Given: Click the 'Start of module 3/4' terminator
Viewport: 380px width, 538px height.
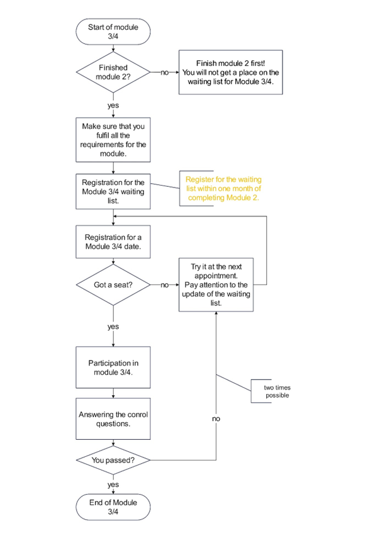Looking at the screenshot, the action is [113, 31].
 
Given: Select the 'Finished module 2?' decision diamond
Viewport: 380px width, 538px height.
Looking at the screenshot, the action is [113, 72].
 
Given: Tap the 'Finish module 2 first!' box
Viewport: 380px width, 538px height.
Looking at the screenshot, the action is [231, 72].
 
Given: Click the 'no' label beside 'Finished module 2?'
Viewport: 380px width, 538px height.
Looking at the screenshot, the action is [165, 72].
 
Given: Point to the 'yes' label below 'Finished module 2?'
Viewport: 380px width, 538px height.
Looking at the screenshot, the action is [113, 105].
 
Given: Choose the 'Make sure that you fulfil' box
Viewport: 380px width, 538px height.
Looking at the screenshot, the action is [113, 140].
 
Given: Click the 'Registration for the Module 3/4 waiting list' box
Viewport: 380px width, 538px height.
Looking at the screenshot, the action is [113, 191].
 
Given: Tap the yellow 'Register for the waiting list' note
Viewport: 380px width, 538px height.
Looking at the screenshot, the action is [223, 188].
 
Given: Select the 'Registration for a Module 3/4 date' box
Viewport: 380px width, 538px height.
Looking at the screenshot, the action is [113, 242].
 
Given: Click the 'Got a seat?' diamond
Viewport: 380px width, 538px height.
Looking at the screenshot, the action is [113, 285].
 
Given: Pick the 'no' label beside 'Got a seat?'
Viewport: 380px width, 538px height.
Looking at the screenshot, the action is [165, 285].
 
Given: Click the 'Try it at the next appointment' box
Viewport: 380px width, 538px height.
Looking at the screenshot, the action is [216, 285].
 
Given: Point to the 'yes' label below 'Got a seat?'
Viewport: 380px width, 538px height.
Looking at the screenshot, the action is [113, 327].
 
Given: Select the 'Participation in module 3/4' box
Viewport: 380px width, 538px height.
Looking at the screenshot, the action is [113, 367].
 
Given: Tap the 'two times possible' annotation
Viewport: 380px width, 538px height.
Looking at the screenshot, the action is [277, 391].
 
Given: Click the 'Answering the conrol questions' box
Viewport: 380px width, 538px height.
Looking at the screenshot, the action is [113, 419].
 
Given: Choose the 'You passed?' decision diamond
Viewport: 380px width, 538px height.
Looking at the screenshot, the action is [113, 460].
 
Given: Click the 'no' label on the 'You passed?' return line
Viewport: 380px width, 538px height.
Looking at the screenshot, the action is [216, 418].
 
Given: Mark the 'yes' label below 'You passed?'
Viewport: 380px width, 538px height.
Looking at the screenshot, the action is [113, 485].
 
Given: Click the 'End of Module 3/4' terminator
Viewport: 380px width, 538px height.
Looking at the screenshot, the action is [113, 507].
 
